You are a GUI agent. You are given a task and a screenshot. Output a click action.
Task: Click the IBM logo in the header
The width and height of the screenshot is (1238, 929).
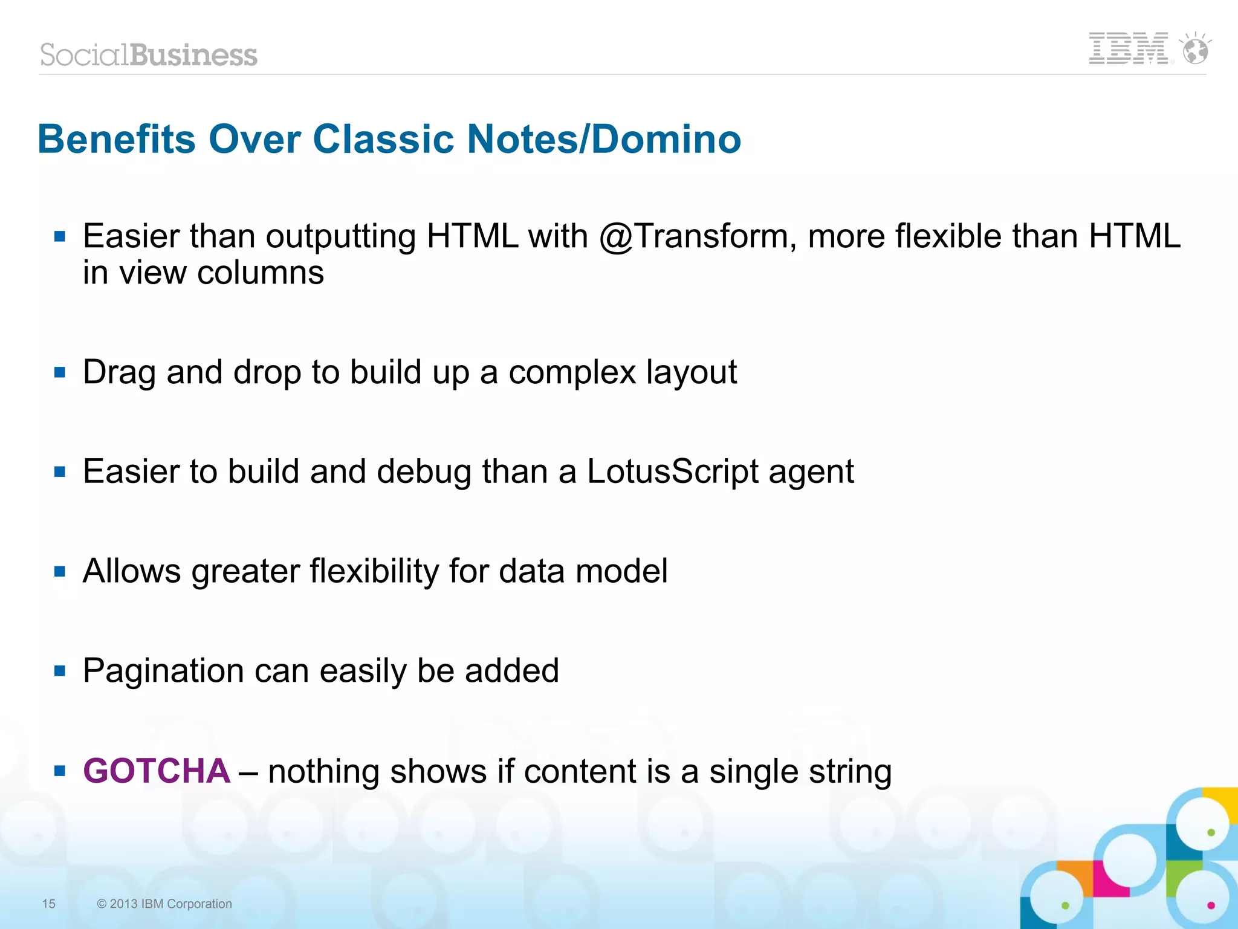(x=1128, y=49)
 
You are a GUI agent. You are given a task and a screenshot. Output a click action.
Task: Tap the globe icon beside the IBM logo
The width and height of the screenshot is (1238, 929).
(x=1195, y=50)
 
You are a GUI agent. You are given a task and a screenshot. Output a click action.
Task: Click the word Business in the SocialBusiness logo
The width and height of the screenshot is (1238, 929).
(x=193, y=55)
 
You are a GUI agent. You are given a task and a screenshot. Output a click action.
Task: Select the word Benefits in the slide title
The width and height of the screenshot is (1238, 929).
(x=117, y=140)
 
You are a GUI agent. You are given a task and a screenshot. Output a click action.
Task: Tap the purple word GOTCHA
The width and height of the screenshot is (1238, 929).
(x=157, y=771)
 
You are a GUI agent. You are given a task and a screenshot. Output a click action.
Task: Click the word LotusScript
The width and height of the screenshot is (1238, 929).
(x=672, y=471)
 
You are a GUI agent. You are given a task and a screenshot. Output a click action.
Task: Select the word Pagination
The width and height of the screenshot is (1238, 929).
(x=163, y=671)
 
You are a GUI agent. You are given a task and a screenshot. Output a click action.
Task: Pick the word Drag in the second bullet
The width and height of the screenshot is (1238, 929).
(x=119, y=372)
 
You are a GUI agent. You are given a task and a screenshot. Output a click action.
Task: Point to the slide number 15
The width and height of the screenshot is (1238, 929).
(x=48, y=904)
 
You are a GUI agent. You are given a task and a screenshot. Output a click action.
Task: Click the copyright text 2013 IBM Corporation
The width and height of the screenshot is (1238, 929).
(x=164, y=904)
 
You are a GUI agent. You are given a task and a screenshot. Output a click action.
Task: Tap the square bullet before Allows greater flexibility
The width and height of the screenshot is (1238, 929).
(x=59, y=571)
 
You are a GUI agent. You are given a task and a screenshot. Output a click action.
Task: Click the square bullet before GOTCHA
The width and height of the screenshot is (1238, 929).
(x=59, y=771)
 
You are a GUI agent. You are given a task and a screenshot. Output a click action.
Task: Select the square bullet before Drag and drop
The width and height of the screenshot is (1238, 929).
(x=59, y=372)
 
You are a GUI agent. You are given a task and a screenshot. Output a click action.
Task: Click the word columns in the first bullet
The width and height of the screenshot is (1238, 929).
(x=261, y=273)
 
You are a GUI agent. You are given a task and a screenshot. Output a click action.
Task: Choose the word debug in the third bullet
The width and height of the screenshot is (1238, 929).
(x=424, y=472)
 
